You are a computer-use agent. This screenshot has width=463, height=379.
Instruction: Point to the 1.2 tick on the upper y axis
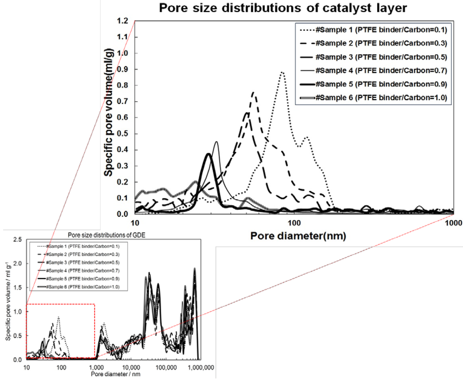123,21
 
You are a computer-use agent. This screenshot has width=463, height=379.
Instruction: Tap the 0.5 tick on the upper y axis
123,134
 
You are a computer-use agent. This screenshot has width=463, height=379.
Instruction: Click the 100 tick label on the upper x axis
294,223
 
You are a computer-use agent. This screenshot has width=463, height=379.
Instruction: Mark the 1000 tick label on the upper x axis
452,223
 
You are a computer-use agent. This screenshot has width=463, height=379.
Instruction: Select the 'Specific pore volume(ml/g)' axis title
109,118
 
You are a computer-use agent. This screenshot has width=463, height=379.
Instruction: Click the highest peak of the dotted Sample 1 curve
282,72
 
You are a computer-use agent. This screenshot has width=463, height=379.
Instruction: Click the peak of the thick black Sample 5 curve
208,154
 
